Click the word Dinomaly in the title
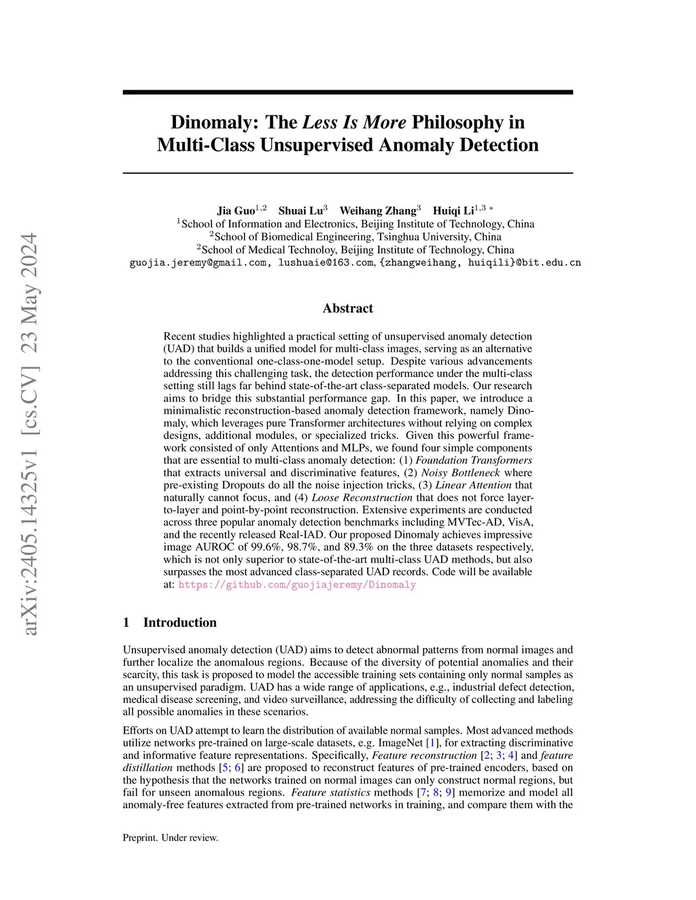point(211,122)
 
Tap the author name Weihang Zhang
point(377,210)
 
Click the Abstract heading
point(348,308)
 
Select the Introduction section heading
point(179,623)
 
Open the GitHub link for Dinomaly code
point(297,585)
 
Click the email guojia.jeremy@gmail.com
point(198,263)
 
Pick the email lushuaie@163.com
point(326,263)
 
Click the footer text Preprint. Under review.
point(171,838)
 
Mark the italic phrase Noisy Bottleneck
point(460,473)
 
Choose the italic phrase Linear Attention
point(473,485)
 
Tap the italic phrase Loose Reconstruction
point(362,497)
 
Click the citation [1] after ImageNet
point(430,743)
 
